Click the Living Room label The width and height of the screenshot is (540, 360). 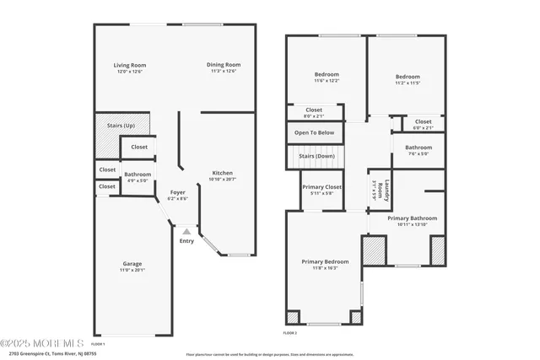131,65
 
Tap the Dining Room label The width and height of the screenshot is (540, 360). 224,65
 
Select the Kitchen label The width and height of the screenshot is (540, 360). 222,172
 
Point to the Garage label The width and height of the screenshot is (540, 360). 132,263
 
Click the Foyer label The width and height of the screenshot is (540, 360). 177,192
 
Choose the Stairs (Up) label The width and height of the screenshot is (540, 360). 121,125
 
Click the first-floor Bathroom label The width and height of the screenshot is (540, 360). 138,175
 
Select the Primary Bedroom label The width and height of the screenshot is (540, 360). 325,261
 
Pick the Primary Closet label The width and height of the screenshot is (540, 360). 321,186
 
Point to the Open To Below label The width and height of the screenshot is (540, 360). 314,132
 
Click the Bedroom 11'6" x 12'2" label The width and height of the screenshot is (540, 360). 327,74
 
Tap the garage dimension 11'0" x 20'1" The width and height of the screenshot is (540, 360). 132,271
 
